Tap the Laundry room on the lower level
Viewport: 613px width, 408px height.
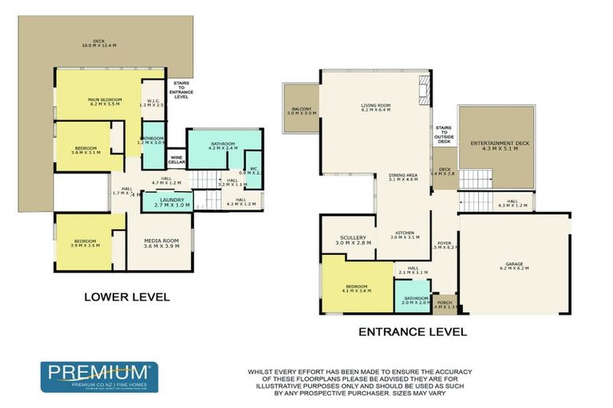pos(172,202)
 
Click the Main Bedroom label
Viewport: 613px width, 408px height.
pos(104,102)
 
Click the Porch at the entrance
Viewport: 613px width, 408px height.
pos(445,304)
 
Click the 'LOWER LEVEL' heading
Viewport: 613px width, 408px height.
pos(127,296)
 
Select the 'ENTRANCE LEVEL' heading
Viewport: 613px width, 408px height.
pos(412,331)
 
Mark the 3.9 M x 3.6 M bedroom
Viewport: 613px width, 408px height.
pos(86,244)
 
